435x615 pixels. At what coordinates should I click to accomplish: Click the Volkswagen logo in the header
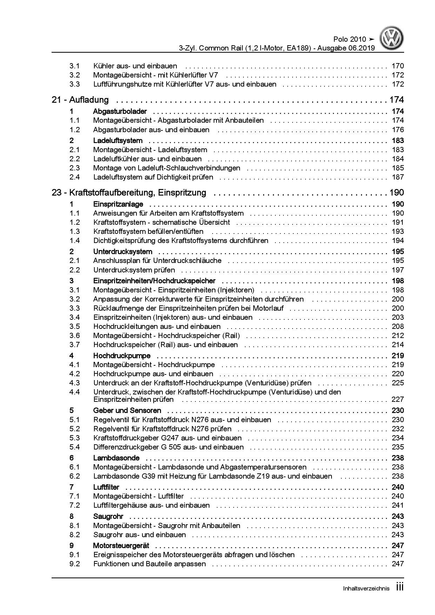(x=393, y=39)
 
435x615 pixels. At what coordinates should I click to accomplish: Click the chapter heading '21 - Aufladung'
(x=80, y=100)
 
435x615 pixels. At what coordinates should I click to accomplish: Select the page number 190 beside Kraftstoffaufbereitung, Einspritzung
(x=396, y=192)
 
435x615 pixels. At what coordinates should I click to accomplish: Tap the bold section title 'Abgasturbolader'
(x=120, y=111)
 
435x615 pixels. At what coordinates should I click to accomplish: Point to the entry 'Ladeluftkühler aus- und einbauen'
(x=147, y=159)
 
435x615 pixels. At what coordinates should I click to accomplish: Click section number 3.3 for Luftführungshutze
(x=74, y=84)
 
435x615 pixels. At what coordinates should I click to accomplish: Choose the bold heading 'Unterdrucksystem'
(x=122, y=252)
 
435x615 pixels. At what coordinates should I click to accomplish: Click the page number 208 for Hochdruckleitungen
(x=398, y=326)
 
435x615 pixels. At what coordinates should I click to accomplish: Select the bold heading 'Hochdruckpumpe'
(x=122, y=356)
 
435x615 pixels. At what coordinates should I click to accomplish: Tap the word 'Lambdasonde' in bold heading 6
(x=116, y=458)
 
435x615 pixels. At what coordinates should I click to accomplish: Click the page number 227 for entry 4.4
(x=398, y=399)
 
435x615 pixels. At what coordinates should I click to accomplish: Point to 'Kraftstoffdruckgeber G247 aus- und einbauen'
(x=167, y=438)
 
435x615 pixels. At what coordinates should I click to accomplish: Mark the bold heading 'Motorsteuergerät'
(x=121, y=546)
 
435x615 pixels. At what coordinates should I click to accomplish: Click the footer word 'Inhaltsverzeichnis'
(x=366, y=589)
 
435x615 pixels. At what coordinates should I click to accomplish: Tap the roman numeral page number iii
(x=399, y=587)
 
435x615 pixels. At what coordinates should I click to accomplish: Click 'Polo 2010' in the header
(x=349, y=39)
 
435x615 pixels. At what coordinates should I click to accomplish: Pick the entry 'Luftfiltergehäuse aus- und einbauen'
(x=151, y=505)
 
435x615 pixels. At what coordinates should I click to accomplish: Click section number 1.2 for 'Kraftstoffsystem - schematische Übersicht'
(x=74, y=222)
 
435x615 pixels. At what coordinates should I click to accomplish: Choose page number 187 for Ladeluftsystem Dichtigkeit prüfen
(x=398, y=177)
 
